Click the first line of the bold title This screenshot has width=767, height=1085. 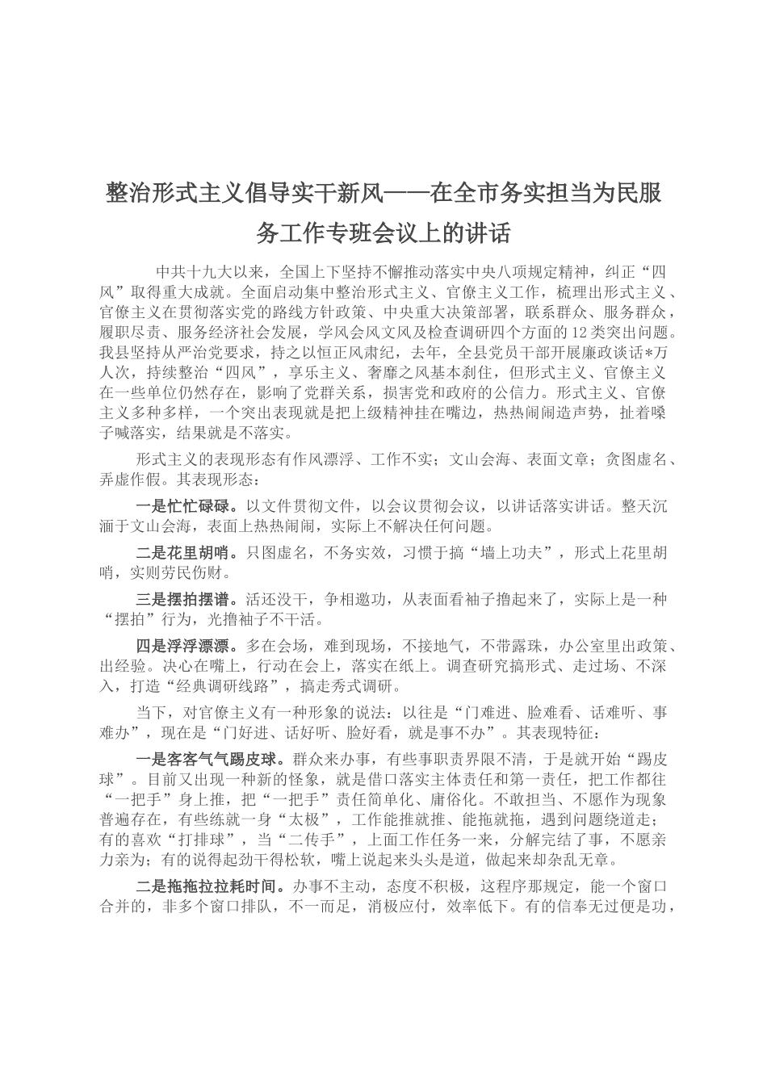[x=383, y=194]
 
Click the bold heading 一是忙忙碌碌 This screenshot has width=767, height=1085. [x=186, y=507]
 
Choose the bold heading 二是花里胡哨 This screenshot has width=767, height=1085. [x=186, y=554]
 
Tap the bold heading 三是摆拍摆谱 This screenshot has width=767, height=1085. [x=186, y=600]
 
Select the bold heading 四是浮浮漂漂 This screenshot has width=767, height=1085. [x=186, y=647]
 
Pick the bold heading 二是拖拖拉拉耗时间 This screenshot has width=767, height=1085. [x=209, y=886]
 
